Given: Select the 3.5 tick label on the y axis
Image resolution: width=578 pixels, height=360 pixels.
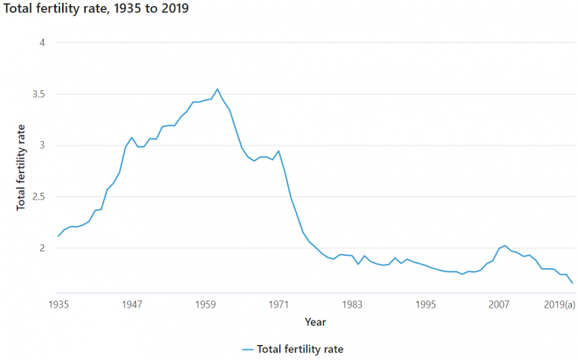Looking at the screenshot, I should pyautogui.click(x=36, y=94).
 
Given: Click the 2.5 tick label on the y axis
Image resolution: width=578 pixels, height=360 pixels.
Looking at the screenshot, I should pyautogui.click(x=36, y=197).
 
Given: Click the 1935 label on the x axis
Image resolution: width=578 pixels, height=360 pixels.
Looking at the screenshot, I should pyautogui.click(x=59, y=305).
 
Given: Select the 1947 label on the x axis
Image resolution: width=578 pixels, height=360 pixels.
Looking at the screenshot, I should pyautogui.click(x=132, y=305).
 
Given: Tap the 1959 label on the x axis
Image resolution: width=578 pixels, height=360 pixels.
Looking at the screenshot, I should pyautogui.click(x=206, y=305).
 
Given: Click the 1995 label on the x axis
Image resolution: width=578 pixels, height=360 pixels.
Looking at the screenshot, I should pyautogui.click(x=426, y=305).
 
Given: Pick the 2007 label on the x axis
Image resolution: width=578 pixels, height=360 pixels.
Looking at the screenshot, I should pyautogui.click(x=499, y=305).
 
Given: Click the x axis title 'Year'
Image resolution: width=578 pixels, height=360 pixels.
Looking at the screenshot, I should pyautogui.click(x=315, y=321).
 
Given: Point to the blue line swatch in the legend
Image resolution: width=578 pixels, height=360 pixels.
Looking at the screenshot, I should pyautogui.click(x=248, y=349).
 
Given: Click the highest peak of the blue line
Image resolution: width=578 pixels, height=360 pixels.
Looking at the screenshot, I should pyautogui.click(x=218, y=88).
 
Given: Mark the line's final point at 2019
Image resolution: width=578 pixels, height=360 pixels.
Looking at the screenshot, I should pyautogui.click(x=573, y=283).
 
